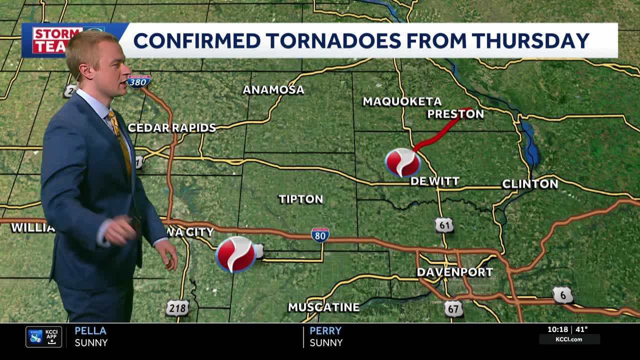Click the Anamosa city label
coord(273,90)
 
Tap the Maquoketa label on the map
coord(402,101)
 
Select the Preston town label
coord(455,114)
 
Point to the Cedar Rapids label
coord(171,127)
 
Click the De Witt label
coord(434,181)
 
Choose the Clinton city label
coord(530,184)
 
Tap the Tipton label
coord(300,199)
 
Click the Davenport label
coord(454,272)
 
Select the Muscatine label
coord(323,307)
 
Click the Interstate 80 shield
coord(320,234)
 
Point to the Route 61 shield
coord(444,225)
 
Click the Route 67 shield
coord(453,308)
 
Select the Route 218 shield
coord(177,308)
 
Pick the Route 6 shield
coord(563,295)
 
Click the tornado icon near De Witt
coord(402,162)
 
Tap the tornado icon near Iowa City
coord(235,254)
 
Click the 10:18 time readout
coord(557,329)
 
